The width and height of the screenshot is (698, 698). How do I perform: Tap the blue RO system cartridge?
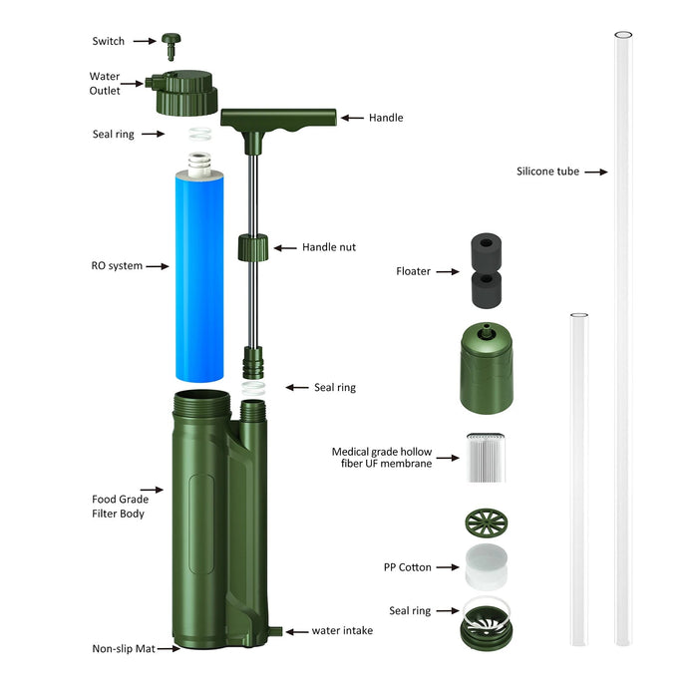tap(200, 275)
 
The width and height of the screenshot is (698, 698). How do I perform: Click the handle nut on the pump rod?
tap(254, 246)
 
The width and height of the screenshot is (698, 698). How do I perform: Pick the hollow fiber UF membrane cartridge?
tap(489, 458)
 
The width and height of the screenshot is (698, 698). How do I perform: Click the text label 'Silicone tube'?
tap(547, 172)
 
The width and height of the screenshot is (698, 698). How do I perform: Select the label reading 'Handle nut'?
tap(329, 247)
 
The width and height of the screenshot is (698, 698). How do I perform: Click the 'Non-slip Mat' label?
tap(121, 648)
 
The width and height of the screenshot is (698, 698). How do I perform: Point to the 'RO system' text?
tap(116, 266)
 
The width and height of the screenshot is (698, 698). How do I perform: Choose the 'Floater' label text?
tap(413, 270)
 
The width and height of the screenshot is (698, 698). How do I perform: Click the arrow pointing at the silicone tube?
tap(595, 172)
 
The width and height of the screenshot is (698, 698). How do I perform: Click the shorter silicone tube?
tap(578, 479)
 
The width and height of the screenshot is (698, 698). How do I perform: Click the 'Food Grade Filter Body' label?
tap(119, 506)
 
